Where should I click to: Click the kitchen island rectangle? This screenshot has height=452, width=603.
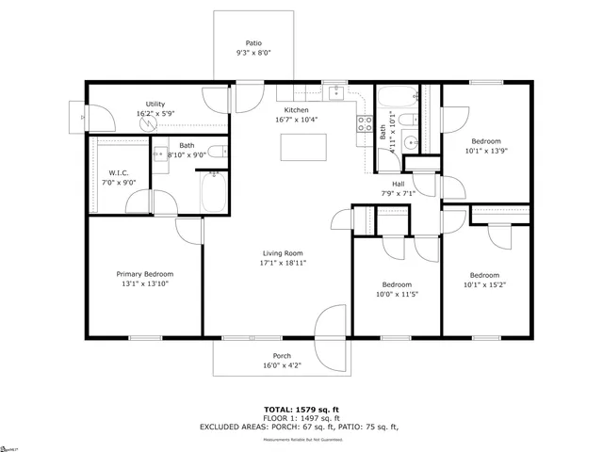coord(302,148)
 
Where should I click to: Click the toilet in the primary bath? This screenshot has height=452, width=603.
coord(217,152)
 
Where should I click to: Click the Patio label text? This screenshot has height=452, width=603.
coord(253,43)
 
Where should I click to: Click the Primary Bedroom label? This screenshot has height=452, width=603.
coord(145,274)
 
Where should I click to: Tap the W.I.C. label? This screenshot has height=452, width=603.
coord(118,172)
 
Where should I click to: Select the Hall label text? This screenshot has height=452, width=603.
coord(399,184)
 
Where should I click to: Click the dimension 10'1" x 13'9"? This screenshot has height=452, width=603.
coord(485,150)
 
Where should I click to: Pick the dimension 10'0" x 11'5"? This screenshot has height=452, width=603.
coord(397,295)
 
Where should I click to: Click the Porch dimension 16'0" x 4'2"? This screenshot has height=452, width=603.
coord(282,366)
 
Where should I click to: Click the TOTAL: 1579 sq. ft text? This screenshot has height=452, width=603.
coord(301,410)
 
